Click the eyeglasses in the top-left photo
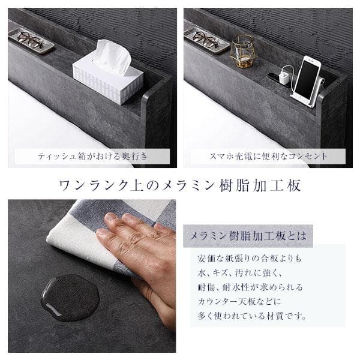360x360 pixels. (30, 40)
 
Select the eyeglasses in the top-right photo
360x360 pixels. (206, 40)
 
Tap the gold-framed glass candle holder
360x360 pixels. (242, 51)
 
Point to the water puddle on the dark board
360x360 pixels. (70, 298)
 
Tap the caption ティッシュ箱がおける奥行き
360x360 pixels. (92, 157)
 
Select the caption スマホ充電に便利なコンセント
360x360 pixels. (268, 157)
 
